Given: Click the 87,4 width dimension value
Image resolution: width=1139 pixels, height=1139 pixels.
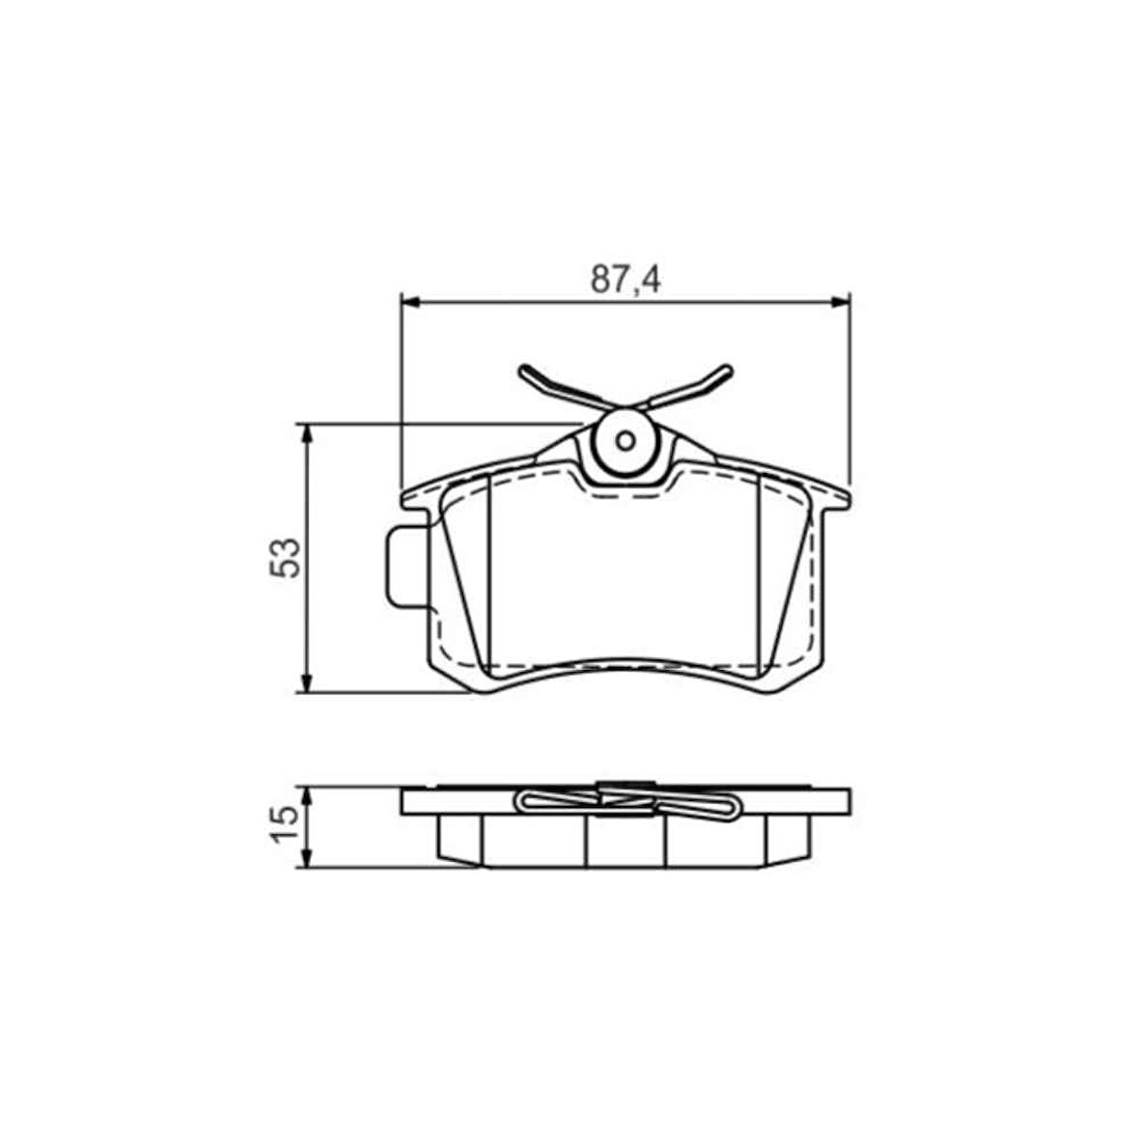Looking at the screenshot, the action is coord(625,280).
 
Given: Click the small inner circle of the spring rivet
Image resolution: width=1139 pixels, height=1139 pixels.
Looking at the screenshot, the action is coord(625,441).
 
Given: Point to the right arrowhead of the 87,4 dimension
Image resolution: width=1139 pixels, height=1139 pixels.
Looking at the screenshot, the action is coord(840,301).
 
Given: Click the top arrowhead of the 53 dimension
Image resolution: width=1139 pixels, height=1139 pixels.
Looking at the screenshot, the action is coord(307,433).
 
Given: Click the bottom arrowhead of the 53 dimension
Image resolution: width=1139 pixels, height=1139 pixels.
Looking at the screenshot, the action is coord(307,682).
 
